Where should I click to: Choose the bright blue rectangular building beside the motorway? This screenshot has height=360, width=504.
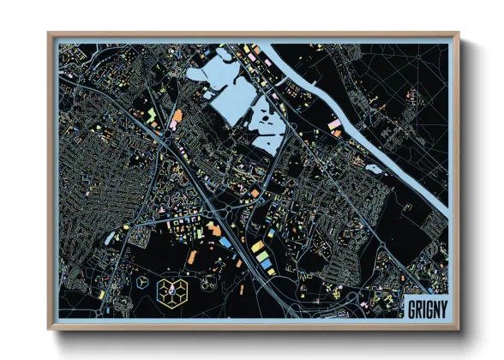(x=225, y=243)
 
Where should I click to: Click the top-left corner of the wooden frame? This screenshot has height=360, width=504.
(x=50, y=35)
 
